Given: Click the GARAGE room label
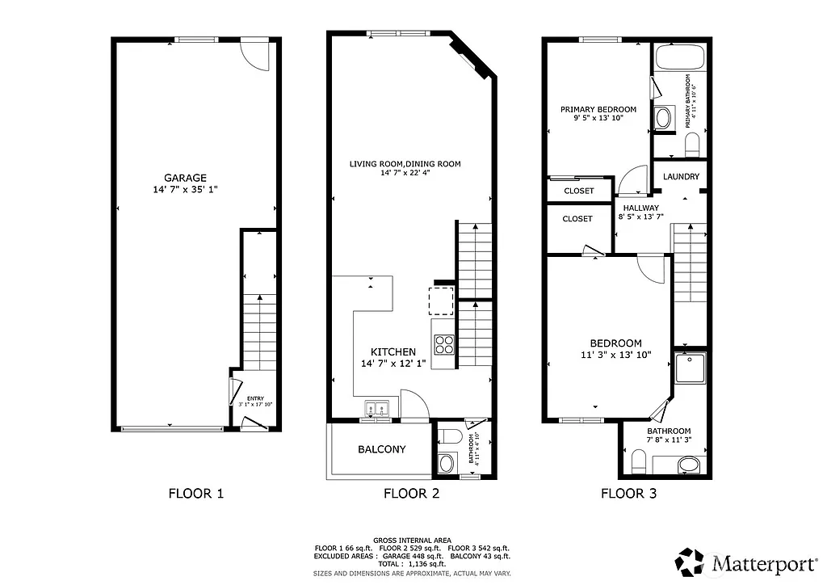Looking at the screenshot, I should pyautogui.click(x=186, y=178).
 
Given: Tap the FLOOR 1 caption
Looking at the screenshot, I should pyautogui.click(x=195, y=494).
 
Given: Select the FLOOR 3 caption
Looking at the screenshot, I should pyautogui.click(x=628, y=494).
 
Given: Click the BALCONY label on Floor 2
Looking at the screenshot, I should pyautogui.click(x=381, y=449).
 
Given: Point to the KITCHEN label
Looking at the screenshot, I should pyautogui.click(x=393, y=351).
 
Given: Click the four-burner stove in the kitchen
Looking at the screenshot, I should pyautogui.click(x=444, y=344).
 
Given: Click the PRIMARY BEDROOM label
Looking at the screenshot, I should pyautogui.click(x=598, y=109).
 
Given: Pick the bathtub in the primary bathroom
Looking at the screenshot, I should pyautogui.click(x=680, y=57).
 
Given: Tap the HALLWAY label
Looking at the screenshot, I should pyautogui.click(x=640, y=208).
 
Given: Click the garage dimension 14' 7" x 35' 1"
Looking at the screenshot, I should pyautogui.click(x=186, y=189).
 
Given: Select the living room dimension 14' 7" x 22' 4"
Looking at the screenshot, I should pyautogui.click(x=405, y=173).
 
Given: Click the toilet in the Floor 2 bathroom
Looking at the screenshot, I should pyautogui.click(x=448, y=437).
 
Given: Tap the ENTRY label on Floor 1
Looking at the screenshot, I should pyautogui.click(x=255, y=398).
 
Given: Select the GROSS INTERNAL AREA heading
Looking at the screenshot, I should pyautogui.click(x=412, y=540).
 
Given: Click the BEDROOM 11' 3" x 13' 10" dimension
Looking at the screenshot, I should pyautogui.click(x=615, y=354).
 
